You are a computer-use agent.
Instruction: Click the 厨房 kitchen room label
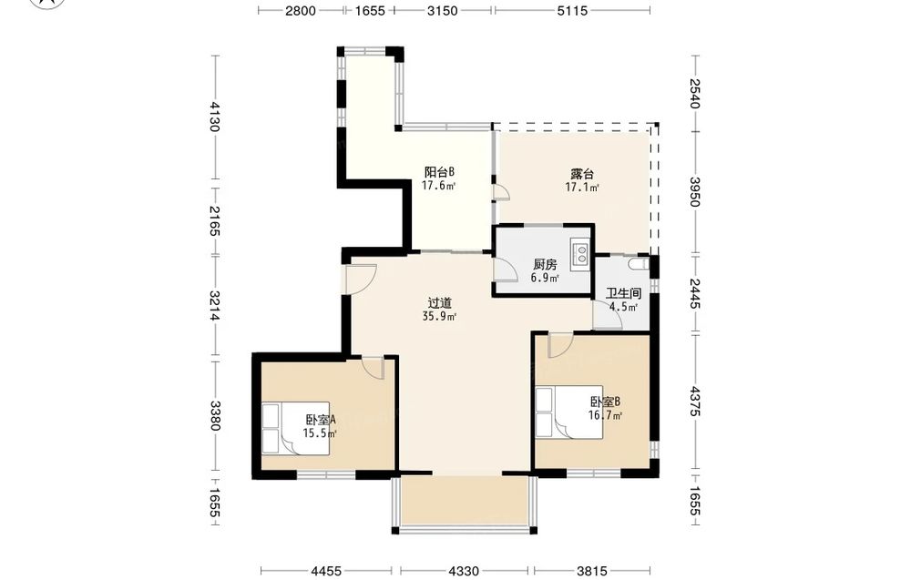tap(545, 265)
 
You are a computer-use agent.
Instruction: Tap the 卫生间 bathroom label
tap(623, 294)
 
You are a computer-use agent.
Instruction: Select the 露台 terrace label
tap(582, 174)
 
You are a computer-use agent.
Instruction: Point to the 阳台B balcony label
tap(439, 172)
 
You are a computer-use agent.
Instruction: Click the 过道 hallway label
tap(440, 303)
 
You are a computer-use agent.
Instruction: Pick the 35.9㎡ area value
tap(439, 317)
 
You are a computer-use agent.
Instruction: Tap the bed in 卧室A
tap(296, 428)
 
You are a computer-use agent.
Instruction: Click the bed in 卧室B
tap(569, 412)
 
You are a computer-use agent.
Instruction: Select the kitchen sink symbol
tap(580, 252)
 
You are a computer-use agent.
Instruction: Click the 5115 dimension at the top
tap(572, 10)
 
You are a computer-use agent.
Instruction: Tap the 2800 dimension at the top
tap(301, 10)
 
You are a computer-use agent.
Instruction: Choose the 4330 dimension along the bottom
tap(464, 571)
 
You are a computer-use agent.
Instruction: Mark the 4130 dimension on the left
tap(214, 117)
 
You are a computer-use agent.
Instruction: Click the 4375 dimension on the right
tap(695, 402)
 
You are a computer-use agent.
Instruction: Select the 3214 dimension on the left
tap(214, 305)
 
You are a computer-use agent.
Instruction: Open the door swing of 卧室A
tap(373, 368)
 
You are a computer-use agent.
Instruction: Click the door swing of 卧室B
tap(560, 345)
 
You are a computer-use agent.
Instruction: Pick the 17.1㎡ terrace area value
tap(582, 187)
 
